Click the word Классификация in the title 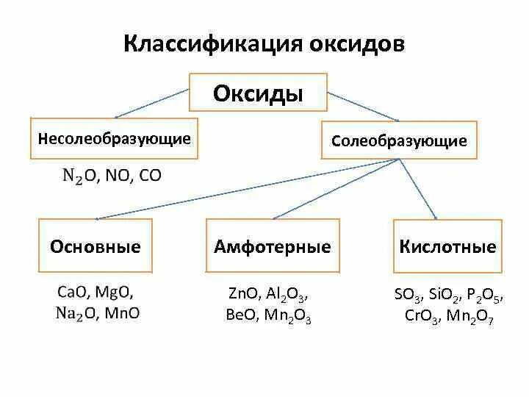(202, 43)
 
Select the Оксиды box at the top (258, 93)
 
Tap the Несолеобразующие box (114, 138)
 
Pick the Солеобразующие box (399, 140)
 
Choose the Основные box (95, 246)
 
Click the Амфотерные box (272, 246)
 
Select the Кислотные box (447, 246)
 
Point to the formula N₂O (74, 176)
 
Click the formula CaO (71, 292)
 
